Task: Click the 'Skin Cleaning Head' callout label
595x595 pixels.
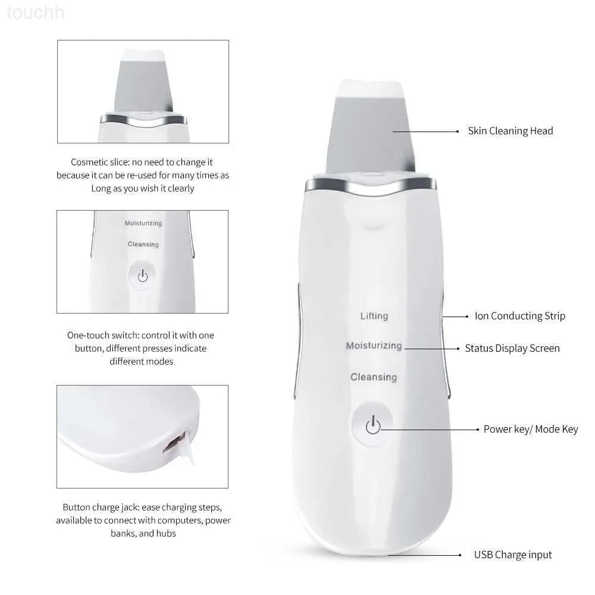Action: (x=510, y=131)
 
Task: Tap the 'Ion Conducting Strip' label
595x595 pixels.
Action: (x=519, y=316)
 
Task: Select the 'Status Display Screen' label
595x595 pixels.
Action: (x=512, y=348)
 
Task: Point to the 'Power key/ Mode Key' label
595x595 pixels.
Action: (x=530, y=429)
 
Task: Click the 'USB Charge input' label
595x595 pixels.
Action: (x=512, y=555)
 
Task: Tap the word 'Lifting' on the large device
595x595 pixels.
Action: (x=374, y=316)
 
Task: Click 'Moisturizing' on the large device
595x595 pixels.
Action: (x=374, y=346)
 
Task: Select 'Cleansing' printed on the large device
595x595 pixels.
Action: (x=373, y=377)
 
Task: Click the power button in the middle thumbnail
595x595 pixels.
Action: (x=142, y=275)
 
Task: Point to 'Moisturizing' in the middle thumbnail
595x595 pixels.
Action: (x=143, y=223)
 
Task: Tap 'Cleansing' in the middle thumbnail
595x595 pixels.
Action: (x=143, y=245)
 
